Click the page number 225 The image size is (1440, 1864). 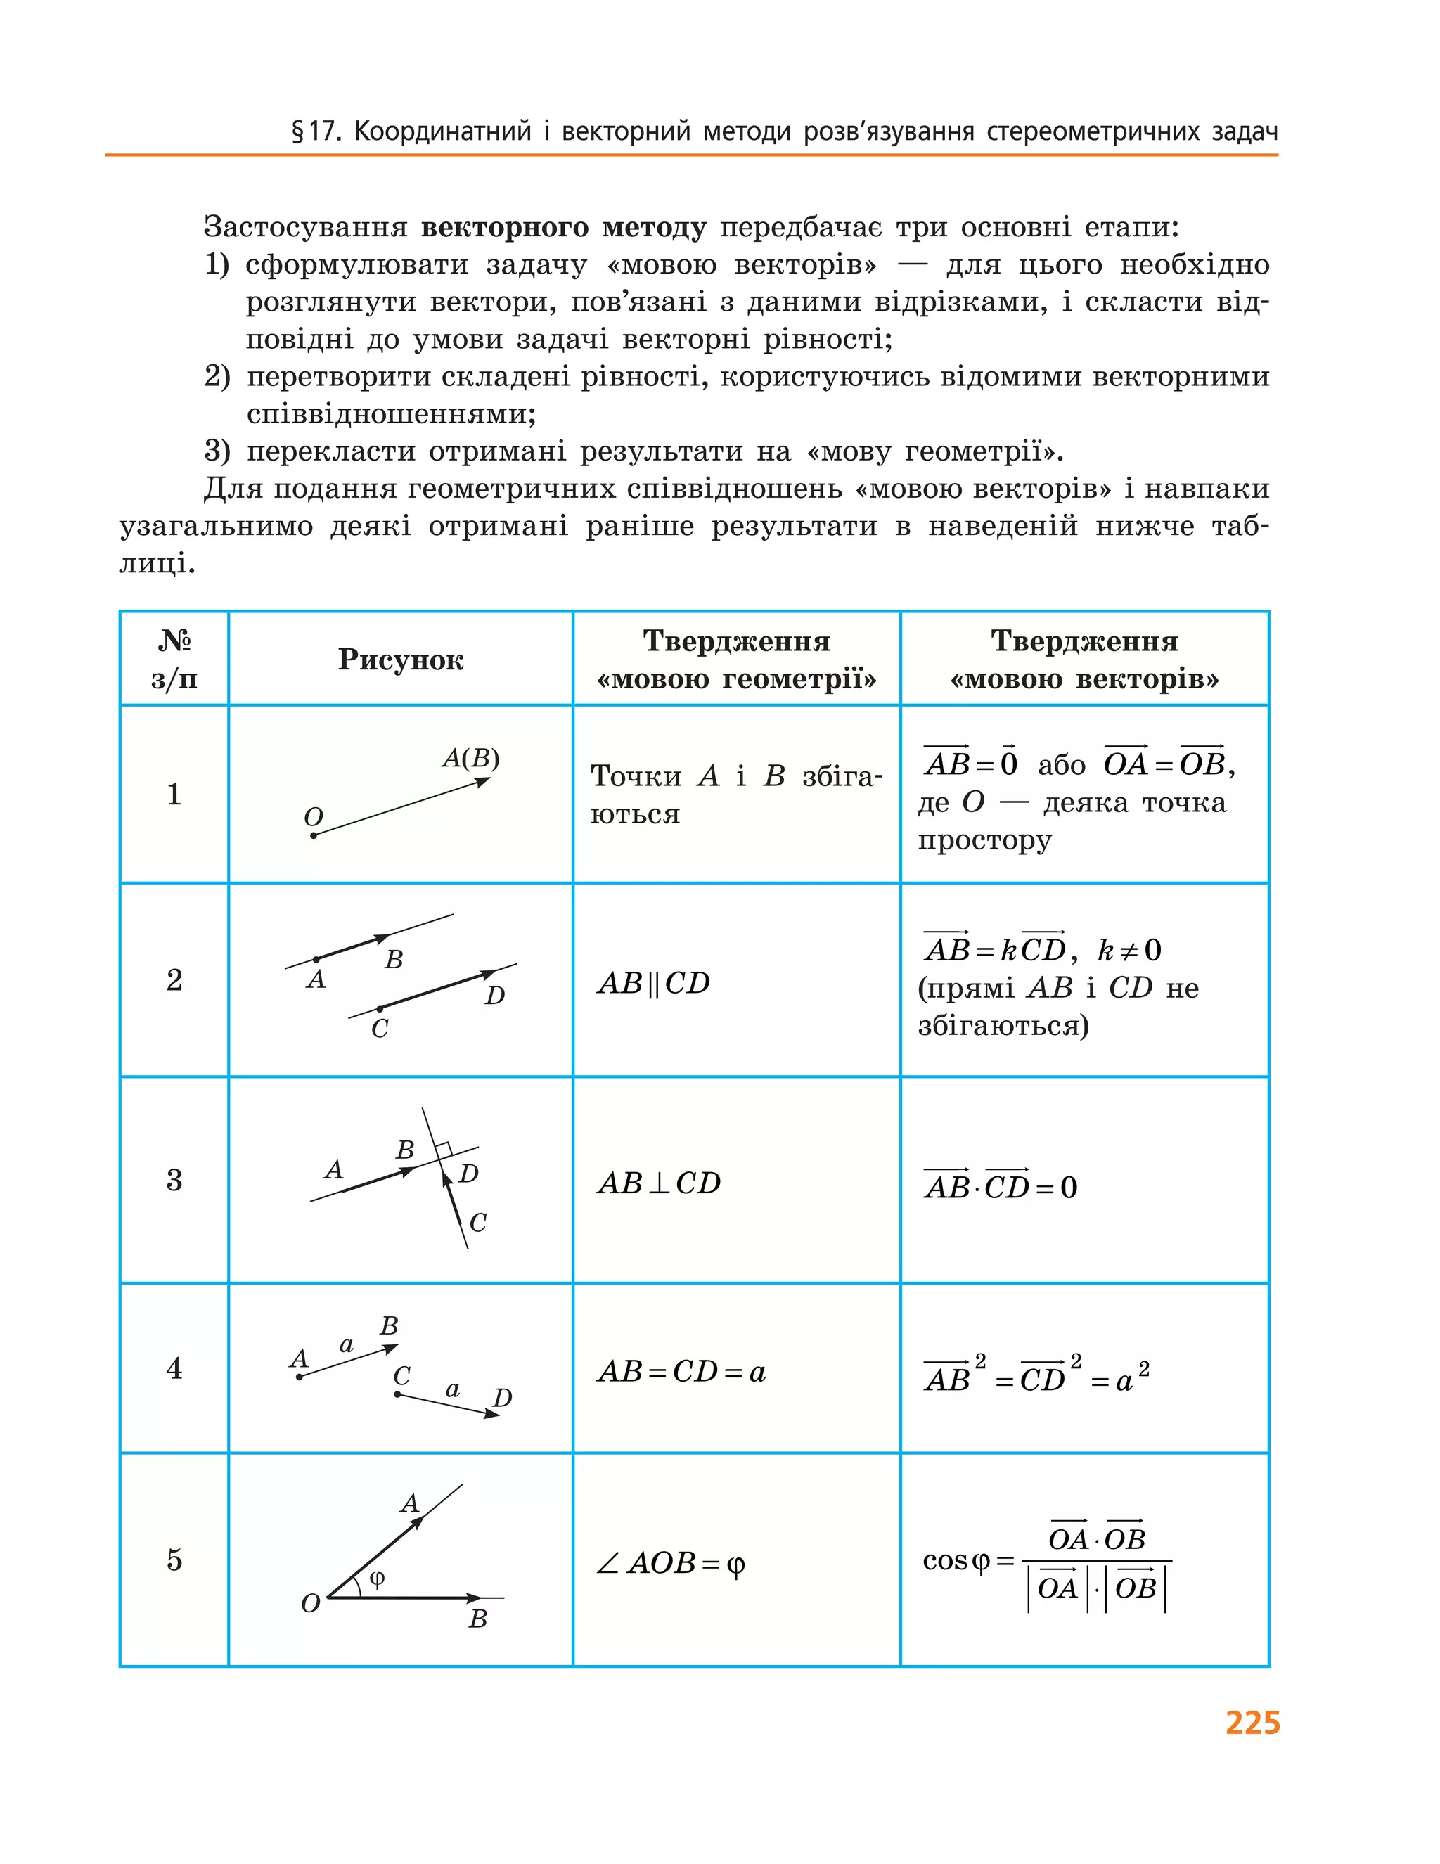coord(1252,1723)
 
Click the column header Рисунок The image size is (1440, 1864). coord(400,660)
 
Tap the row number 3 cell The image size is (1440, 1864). coord(174,1181)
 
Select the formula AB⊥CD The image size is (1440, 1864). coord(659,1183)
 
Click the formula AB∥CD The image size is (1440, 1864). coord(654,983)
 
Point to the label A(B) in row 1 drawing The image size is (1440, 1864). coord(470,758)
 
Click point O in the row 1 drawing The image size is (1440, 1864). coord(314,834)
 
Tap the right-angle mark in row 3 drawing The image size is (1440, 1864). coord(443,1149)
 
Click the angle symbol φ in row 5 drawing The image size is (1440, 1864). coord(376,1578)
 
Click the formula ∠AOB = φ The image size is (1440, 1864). coord(670,1564)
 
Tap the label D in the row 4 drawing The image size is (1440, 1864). coord(502,1398)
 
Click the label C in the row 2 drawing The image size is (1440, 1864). coord(380,1029)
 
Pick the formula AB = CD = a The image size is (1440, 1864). coord(681,1373)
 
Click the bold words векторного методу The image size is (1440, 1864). coord(563,228)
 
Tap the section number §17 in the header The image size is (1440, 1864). coord(316,132)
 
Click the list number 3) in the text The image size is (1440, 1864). coord(217,451)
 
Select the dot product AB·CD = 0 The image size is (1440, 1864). coord(1000,1186)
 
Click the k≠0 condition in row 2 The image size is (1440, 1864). coord(1129,950)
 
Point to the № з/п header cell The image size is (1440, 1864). coord(174,660)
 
